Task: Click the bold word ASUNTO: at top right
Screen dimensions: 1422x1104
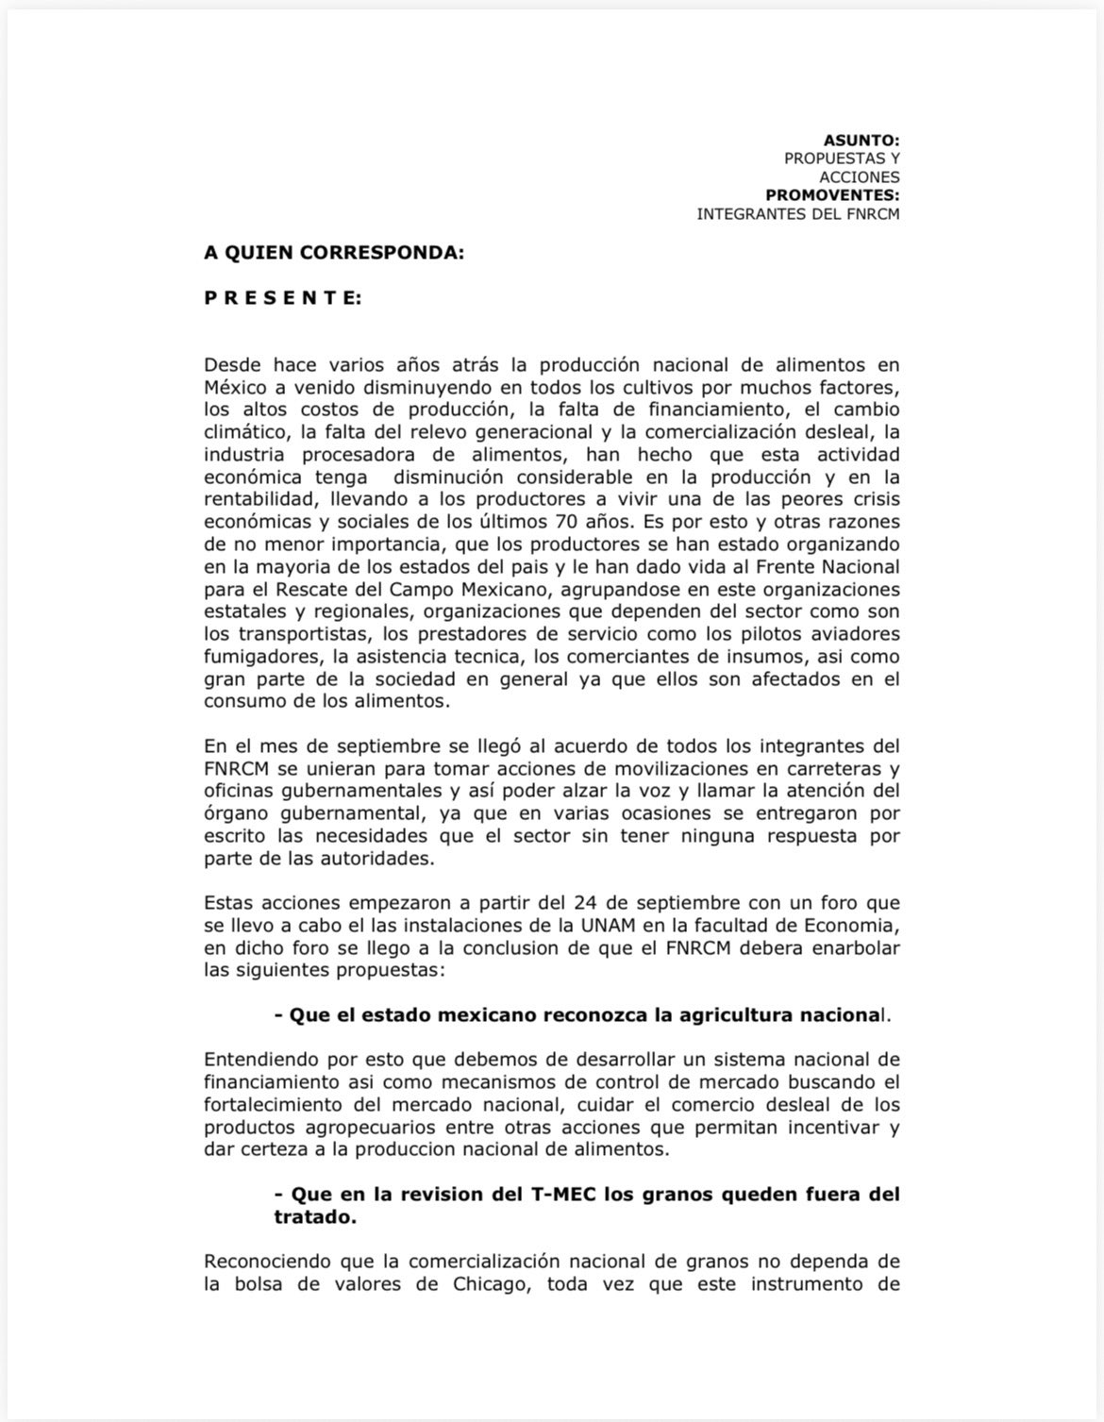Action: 861,141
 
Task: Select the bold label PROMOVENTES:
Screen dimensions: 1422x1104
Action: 832,195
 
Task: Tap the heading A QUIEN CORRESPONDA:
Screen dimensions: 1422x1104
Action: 334,253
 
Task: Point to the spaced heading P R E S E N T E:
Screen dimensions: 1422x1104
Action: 282,298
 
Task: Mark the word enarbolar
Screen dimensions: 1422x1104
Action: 853,947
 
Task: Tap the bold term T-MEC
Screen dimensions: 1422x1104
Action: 560,1194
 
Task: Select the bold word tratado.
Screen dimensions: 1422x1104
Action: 314,1217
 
